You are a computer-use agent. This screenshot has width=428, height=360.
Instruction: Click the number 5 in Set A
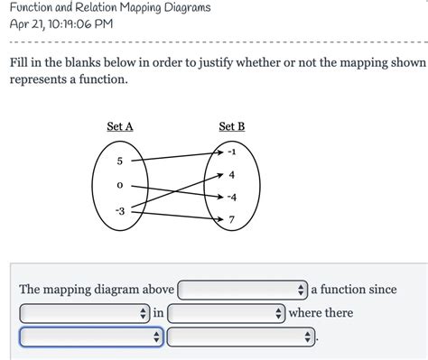[x=119, y=161]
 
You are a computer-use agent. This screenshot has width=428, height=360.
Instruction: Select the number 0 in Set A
[x=119, y=185]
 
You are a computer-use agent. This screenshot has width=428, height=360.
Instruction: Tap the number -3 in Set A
[x=119, y=210]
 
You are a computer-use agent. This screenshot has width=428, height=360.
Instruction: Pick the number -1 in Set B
[x=232, y=152]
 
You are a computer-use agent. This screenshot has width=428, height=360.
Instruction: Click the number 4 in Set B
[x=232, y=174]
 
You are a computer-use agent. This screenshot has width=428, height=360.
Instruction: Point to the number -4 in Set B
[x=232, y=197]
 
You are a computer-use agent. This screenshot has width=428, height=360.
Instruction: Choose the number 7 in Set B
[x=232, y=219]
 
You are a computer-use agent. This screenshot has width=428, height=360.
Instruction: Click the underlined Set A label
[x=120, y=127]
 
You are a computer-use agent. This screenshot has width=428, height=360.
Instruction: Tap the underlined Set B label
[x=231, y=127]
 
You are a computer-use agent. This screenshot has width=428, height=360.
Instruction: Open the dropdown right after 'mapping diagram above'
[x=242, y=290]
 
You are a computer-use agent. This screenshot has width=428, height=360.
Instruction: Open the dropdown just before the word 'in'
[x=83, y=313]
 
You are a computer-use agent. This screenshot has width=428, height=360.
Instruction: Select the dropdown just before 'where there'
[x=226, y=313]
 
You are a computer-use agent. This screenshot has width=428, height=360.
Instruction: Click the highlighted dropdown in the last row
[x=90, y=337]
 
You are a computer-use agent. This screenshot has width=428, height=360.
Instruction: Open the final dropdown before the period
[x=242, y=337]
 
